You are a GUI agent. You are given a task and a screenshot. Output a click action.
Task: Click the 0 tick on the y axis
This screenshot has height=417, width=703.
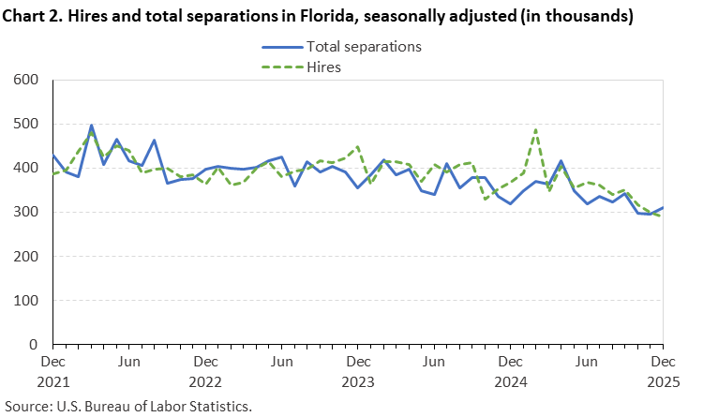(32, 345)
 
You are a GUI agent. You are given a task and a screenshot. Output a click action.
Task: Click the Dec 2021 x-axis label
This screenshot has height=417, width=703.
(52, 371)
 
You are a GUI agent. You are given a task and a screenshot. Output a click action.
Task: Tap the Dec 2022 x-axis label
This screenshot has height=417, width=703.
(205, 371)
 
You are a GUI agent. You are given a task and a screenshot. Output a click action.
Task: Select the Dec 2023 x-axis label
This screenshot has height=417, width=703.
(358, 371)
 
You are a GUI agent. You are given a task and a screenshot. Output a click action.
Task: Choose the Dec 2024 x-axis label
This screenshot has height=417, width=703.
(511, 371)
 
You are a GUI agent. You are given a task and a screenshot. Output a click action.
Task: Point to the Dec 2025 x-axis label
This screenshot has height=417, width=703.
(664, 371)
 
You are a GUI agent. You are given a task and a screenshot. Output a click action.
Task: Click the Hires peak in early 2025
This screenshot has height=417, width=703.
(535, 130)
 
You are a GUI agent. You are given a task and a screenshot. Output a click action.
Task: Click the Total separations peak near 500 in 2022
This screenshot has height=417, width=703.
(91, 125)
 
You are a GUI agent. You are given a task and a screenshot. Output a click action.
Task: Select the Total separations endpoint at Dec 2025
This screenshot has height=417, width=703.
(663, 208)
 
